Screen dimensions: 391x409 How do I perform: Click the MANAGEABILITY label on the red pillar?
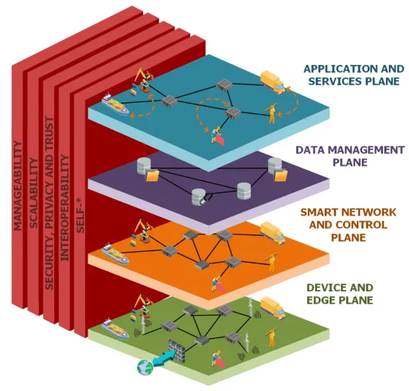(19, 185)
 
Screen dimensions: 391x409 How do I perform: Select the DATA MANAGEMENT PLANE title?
(350, 156)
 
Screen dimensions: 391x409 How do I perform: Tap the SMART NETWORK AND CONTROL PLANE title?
(348, 224)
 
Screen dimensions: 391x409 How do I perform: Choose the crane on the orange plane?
(140, 229)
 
